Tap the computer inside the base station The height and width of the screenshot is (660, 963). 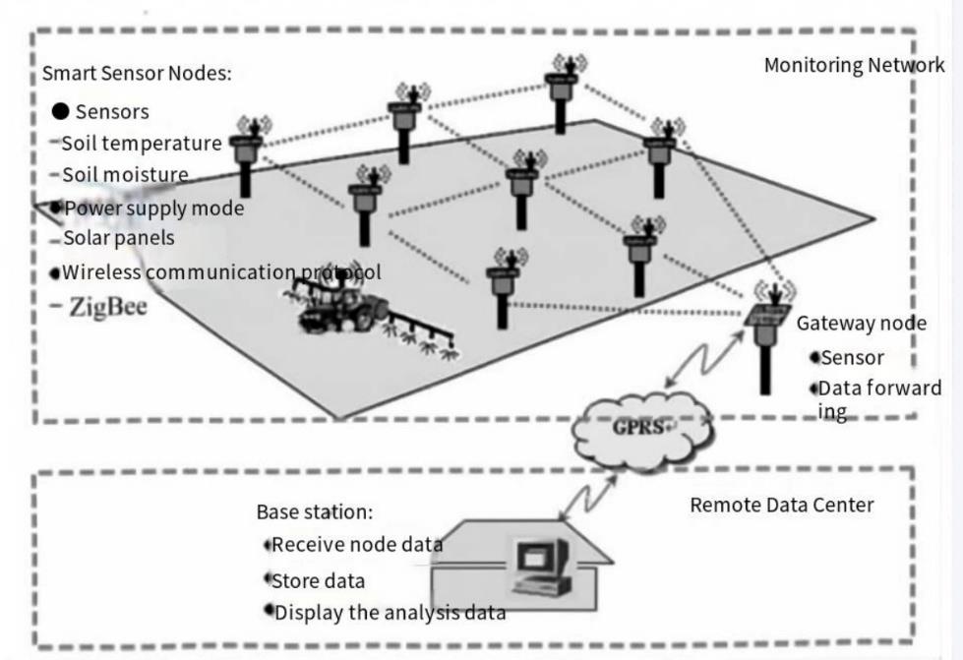(x=539, y=569)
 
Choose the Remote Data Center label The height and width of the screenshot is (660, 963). (x=781, y=505)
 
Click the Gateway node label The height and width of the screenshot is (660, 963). (x=861, y=323)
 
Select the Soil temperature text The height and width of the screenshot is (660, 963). (x=142, y=144)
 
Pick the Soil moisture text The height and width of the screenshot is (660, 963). (x=125, y=175)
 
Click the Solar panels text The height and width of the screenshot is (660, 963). (x=119, y=238)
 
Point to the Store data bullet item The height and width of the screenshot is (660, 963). (x=318, y=580)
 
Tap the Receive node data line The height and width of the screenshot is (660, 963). (x=356, y=544)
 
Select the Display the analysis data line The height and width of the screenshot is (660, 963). (x=390, y=613)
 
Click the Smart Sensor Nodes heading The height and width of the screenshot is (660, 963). (x=137, y=74)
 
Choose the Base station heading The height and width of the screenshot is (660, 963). (x=314, y=511)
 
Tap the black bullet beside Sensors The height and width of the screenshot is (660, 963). (x=61, y=111)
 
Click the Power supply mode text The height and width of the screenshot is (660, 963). (x=152, y=208)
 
